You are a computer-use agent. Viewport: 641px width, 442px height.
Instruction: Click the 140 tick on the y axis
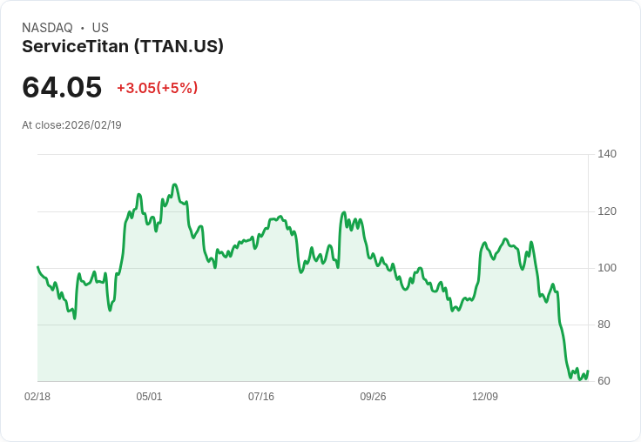606,154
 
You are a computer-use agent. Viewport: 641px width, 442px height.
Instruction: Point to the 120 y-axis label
606,211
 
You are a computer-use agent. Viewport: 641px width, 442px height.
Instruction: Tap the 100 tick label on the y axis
606,268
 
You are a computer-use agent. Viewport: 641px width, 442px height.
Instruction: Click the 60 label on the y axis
604,381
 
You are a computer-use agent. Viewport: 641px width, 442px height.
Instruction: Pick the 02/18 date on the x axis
37,397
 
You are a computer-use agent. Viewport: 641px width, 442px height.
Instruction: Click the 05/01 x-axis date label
149,397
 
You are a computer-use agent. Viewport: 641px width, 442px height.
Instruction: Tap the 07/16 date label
261,397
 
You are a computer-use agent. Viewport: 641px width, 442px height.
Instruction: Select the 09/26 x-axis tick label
373,397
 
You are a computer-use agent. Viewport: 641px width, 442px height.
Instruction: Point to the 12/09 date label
485,397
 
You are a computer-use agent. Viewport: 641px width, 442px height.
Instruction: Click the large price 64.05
62,88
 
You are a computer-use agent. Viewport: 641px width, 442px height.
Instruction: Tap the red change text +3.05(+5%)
158,88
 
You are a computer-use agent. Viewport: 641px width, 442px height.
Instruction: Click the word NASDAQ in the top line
47,28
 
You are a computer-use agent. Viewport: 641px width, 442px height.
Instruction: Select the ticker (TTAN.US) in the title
179,46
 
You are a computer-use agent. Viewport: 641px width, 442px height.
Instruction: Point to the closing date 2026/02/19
93,125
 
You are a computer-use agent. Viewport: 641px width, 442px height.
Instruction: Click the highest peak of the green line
175,184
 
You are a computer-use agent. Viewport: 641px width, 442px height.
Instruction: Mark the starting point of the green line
37,267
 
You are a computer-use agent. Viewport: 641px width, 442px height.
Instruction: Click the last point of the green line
588,371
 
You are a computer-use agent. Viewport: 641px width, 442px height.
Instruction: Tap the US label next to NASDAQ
100,28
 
